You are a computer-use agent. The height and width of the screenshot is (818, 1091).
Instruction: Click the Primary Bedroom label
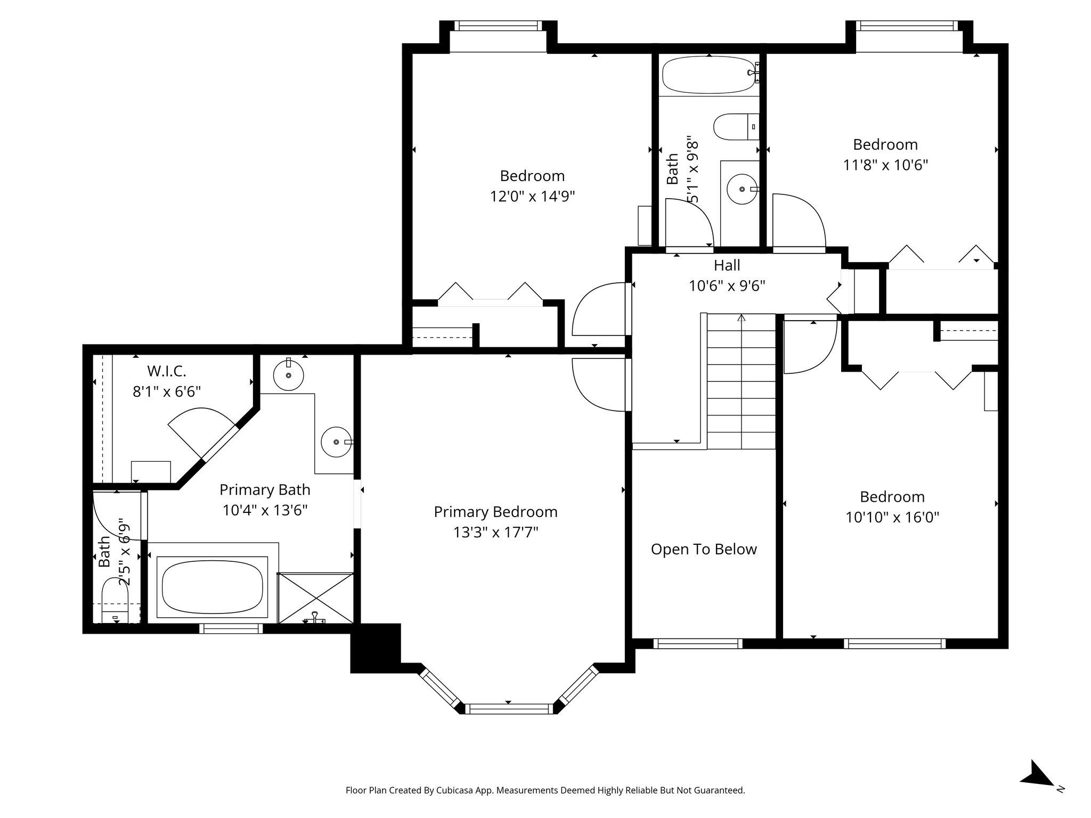(495, 512)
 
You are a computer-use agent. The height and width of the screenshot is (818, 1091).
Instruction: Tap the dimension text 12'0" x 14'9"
(532, 197)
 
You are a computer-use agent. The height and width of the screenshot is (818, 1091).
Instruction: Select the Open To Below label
(703, 549)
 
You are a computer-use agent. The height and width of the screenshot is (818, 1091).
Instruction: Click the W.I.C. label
(166, 371)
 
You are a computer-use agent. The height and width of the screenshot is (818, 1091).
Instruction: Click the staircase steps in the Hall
(741, 381)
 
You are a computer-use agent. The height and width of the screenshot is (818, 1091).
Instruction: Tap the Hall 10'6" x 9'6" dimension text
(727, 286)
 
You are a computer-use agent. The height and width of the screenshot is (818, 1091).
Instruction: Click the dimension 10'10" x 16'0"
(892, 517)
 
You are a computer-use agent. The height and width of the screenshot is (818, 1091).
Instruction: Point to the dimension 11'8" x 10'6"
(885, 165)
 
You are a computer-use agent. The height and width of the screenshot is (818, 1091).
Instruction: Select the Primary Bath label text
(265, 489)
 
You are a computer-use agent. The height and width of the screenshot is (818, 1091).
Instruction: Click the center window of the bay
(508, 708)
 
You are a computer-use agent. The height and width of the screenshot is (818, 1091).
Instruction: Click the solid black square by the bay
(376, 648)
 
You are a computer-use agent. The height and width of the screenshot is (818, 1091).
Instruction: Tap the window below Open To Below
(697, 643)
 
